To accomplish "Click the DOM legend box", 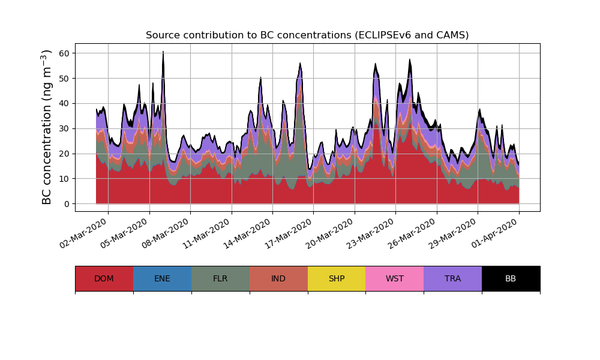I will click(x=104, y=278).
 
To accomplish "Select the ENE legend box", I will click(x=162, y=278).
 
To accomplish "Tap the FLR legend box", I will click(x=220, y=278).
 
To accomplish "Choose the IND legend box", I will click(x=278, y=278).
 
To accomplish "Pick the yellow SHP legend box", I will click(x=337, y=278).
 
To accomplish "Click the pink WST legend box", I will click(x=395, y=278).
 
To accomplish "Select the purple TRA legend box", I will click(x=453, y=278).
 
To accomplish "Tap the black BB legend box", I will click(x=511, y=278).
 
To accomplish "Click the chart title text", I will click(x=307, y=35).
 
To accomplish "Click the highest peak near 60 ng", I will click(x=163, y=53).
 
